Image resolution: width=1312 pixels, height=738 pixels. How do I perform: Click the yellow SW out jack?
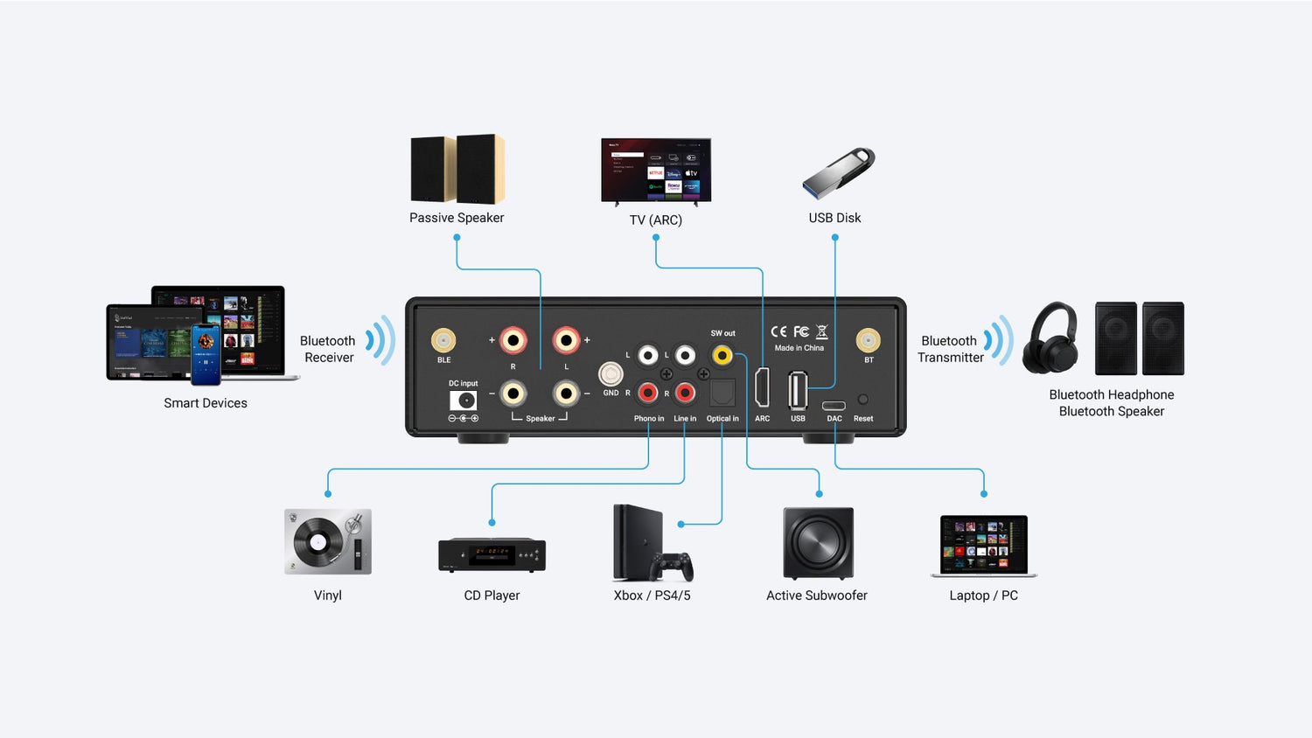pos(722,355)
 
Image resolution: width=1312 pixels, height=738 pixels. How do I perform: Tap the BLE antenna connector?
pos(443,340)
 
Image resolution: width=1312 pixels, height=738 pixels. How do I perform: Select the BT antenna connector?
pos(868,340)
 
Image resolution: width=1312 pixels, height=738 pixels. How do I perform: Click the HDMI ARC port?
pos(762,388)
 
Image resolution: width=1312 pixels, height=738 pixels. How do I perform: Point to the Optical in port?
pos(722,393)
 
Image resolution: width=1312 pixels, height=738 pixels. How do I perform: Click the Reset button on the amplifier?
pos(862,400)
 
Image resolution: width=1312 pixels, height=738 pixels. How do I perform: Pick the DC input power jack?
pos(464,400)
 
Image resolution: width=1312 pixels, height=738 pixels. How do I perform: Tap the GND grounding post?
pos(611,374)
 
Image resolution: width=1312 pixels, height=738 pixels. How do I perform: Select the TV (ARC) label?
pos(655,220)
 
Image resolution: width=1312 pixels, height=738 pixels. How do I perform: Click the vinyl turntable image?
pos(328,541)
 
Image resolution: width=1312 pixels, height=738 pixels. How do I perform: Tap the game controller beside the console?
pos(673,566)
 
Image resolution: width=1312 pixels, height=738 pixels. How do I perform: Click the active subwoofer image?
pos(818,543)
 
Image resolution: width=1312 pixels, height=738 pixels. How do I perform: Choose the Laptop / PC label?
pos(983,595)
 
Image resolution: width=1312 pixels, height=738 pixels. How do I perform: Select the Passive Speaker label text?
pos(457,218)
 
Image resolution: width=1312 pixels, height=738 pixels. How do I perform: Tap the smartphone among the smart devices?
pos(206,354)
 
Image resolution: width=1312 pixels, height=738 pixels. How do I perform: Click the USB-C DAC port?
pos(834,405)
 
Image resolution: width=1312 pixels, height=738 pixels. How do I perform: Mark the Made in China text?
pos(799,348)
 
